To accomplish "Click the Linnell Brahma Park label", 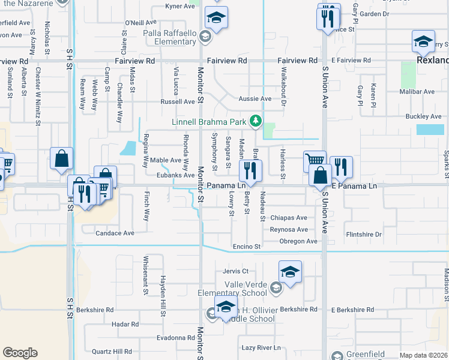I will pyautogui.click(x=209, y=122).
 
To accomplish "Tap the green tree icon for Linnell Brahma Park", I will pyautogui.click(x=256, y=122).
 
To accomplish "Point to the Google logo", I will pyautogui.click(x=20, y=352).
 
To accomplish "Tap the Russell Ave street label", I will pyautogui.click(x=177, y=102).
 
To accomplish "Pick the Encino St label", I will pyautogui.click(x=247, y=247).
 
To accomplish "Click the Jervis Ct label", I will pyautogui.click(x=235, y=271).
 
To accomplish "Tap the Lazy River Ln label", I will pyautogui.click(x=261, y=347).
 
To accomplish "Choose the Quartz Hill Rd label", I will pyautogui.click(x=112, y=351).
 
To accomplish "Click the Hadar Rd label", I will pyautogui.click(x=125, y=324).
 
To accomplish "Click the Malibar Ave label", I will pyautogui.click(x=420, y=92).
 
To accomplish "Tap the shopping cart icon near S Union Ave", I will pyautogui.click(x=315, y=160).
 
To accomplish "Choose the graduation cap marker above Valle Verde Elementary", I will pyautogui.click(x=290, y=271).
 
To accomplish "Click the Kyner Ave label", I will pyautogui.click(x=181, y=7).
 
